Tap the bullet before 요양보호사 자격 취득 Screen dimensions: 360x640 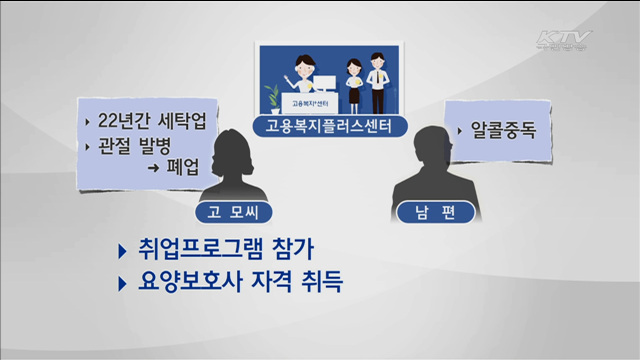pos(122,282)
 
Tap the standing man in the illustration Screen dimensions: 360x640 pos(376,80)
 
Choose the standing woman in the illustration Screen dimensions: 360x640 pos(353,85)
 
